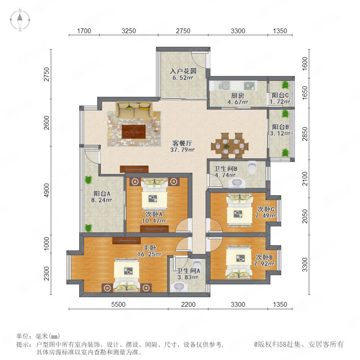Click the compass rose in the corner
point(20,20)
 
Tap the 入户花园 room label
point(183,71)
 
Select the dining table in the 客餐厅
point(230,146)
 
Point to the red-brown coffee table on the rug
point(134,132)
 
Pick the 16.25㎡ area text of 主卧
point(150,254)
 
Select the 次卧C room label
point(266,209)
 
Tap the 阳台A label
point(102,194)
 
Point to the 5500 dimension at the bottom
point(118,304)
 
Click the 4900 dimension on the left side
point(47,190)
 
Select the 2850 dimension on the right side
point(305,134)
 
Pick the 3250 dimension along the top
point(128,31)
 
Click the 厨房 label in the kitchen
point(237,96)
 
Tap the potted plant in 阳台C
point(285,85)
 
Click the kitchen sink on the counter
point(224,86)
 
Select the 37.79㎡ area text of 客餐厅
point(182,150)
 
